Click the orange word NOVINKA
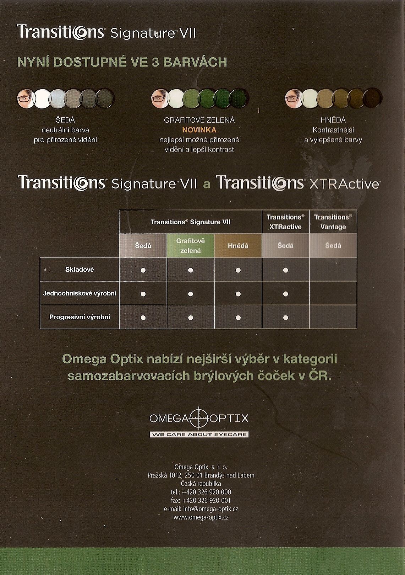click(199, 130)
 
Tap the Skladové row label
click(80, 270)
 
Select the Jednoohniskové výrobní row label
click(80, 293)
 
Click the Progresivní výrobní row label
click(80, 317)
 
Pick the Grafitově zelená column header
click(190, 246)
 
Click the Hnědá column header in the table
click(238, 246)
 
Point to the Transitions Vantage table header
click(333, 222)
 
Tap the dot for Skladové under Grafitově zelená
click(190, 270)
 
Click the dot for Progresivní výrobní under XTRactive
click(286, 318)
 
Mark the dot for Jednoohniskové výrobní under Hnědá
click(238, 294)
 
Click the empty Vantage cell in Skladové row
click(333, 270)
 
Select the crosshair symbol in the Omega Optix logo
click(199, 418)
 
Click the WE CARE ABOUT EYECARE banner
click(199, 434)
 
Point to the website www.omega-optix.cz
click(201, 517)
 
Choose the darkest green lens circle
click(239, 98)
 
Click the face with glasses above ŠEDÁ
click(26, 98)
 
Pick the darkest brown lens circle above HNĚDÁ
click(372, 98)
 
